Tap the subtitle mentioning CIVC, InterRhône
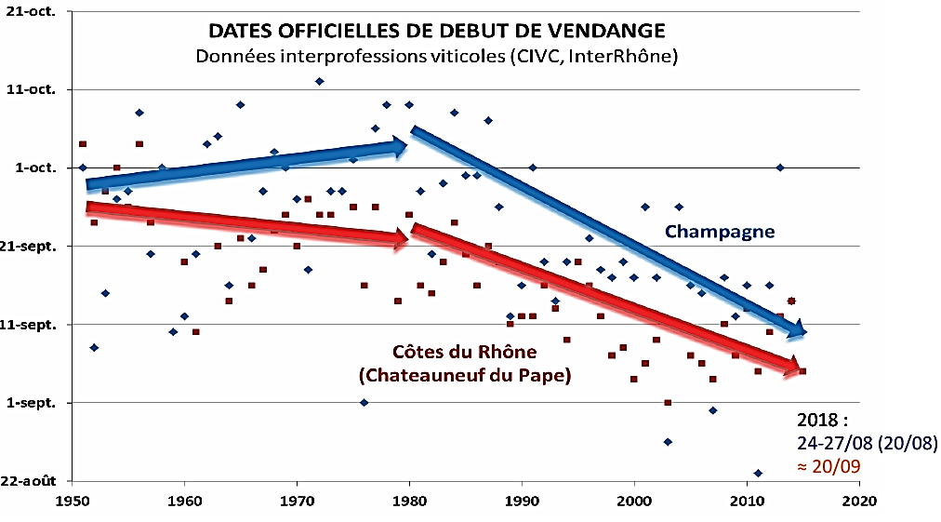tap(436, 56)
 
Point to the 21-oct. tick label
tap(36, 11)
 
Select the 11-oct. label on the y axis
tap(36, 89)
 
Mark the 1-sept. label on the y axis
tap(36, 403)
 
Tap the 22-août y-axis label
tap(33, 481)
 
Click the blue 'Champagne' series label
tap(720, 232)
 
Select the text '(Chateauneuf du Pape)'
tap(464, 376)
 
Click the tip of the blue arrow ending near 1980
tap(406, 145)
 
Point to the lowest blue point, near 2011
tap(758, 473)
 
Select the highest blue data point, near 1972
tap(320, 81)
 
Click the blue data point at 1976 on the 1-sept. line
tap(364, 402)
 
